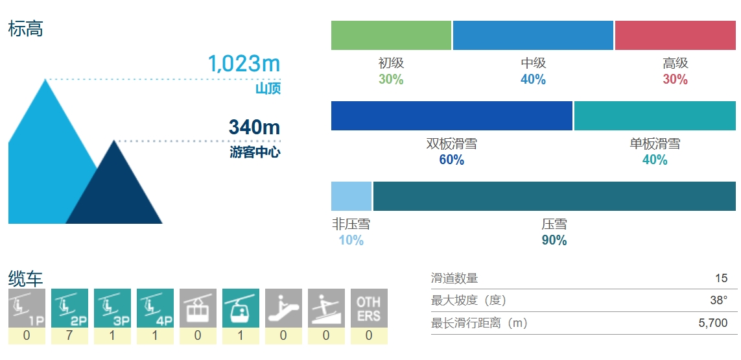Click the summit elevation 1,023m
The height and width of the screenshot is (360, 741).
coord(243,64)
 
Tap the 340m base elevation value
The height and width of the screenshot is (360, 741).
coord(254,127)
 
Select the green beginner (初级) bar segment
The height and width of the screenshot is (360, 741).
coord(391,35)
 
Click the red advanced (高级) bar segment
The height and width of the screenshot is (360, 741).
coord(675,35)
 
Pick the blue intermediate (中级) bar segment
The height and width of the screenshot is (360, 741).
coord(533,35)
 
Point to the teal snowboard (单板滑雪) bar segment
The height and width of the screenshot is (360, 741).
coord(655,115)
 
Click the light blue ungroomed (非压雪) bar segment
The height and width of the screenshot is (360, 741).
coord(351,196)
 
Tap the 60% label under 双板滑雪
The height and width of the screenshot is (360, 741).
coord(451,160)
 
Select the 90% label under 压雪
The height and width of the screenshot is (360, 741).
coord(554,240)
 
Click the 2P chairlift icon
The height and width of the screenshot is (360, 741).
coord(69,308)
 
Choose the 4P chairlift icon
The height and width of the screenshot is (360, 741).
coord(155,308)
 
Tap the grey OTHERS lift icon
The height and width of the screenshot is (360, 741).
coord(369,308)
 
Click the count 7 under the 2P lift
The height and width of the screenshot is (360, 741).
coord(69,335)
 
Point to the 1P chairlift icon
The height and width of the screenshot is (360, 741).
coord(27,308)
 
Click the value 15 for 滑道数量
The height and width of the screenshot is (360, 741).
coord(721,278)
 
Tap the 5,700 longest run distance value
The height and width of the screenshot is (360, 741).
coord(713,322)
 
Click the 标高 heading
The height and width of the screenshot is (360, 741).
coord(25,29)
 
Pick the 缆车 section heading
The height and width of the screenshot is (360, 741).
coord(25,279)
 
